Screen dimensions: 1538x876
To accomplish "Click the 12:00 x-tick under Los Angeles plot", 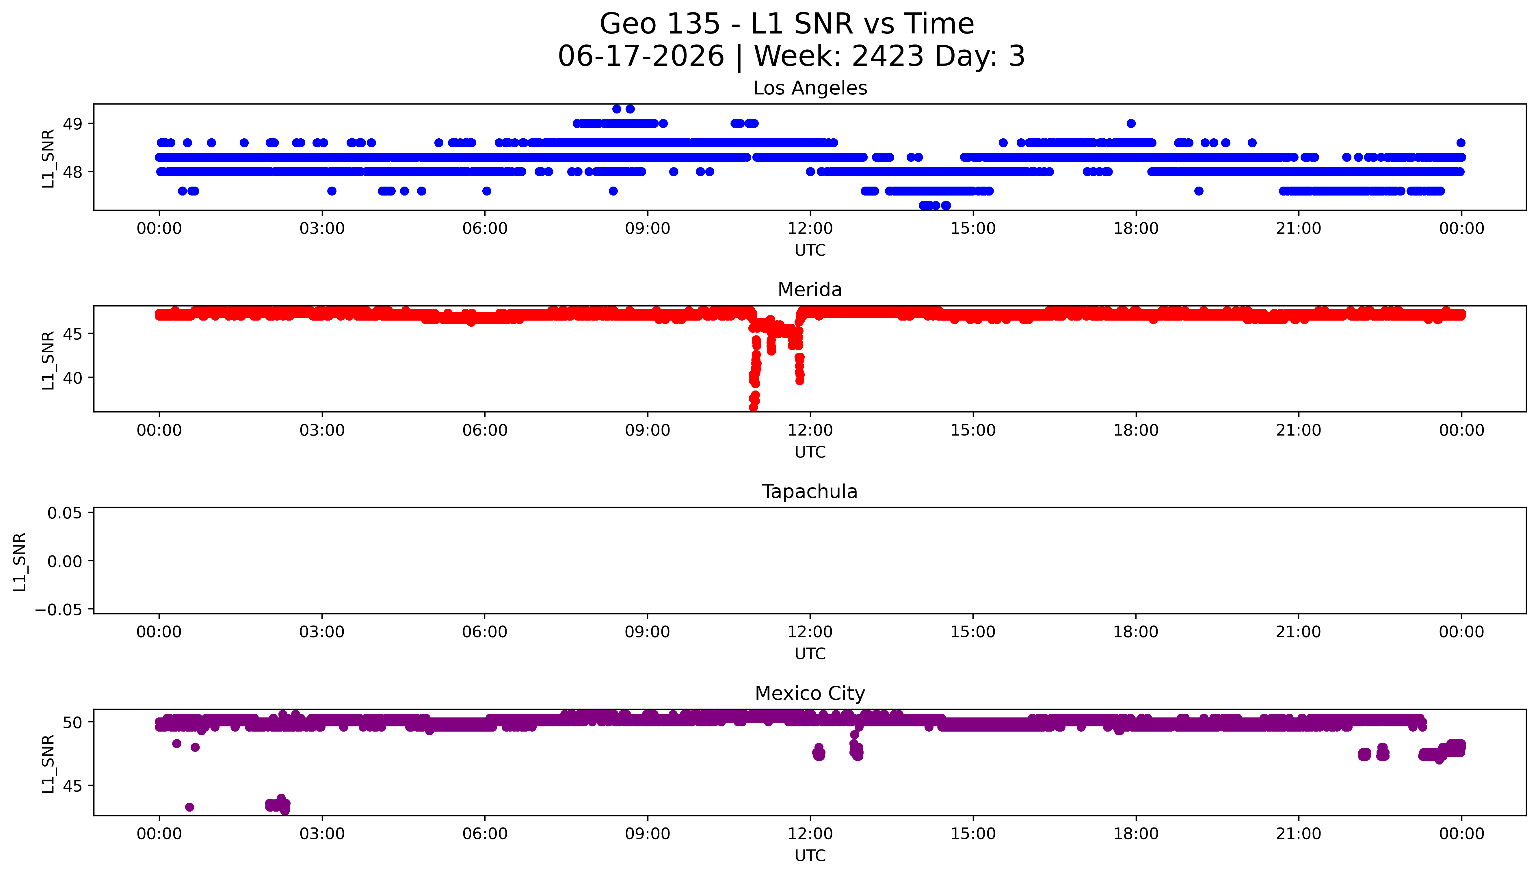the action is (810, 229).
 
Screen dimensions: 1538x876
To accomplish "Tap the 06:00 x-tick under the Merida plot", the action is (485, 430).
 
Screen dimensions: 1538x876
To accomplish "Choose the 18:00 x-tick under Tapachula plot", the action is (1136, 632).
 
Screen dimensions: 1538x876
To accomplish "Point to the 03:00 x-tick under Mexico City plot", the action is (322, 834).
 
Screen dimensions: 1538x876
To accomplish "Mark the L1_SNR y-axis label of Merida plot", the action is (48, 360).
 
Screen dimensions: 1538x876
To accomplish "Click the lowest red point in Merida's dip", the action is (753, 407).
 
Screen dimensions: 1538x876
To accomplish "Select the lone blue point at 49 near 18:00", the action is (1131, 123).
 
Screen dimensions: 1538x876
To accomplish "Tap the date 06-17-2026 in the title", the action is (641, 56).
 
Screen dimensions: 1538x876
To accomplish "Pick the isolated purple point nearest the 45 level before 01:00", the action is (189, 807).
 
